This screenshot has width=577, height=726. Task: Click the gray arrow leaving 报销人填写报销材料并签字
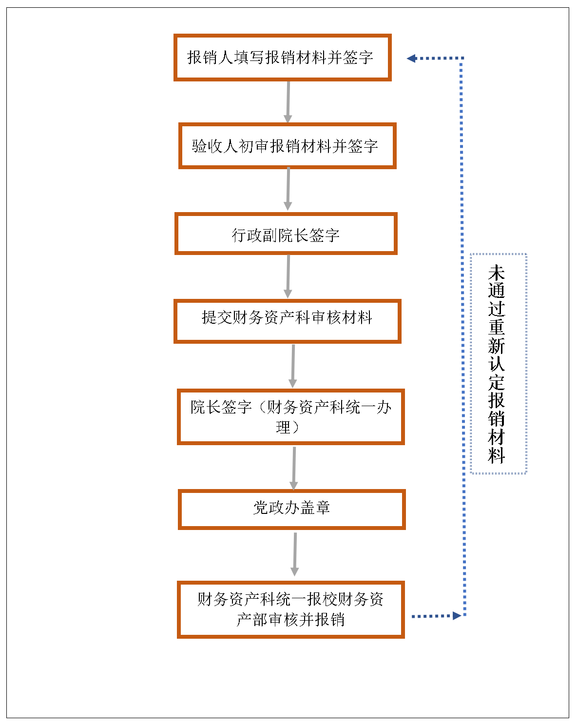point(288,102)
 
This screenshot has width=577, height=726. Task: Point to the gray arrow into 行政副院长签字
point(288,189)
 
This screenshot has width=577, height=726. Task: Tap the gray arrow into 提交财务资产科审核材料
point(288,276)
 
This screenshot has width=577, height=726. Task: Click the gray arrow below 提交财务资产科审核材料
point(293,366)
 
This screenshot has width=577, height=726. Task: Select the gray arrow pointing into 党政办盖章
point(294,468)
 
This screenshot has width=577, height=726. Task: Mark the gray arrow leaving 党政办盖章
point(295,554)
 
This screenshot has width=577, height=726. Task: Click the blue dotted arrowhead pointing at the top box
point(411,59)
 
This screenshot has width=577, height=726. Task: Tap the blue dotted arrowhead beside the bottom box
point(457,616)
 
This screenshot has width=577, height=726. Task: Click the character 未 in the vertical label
point(497,273)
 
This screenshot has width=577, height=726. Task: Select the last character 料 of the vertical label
point(497,455)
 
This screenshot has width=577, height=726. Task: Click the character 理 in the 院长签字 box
point(283,427)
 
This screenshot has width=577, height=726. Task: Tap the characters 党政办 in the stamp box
point(276,508)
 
